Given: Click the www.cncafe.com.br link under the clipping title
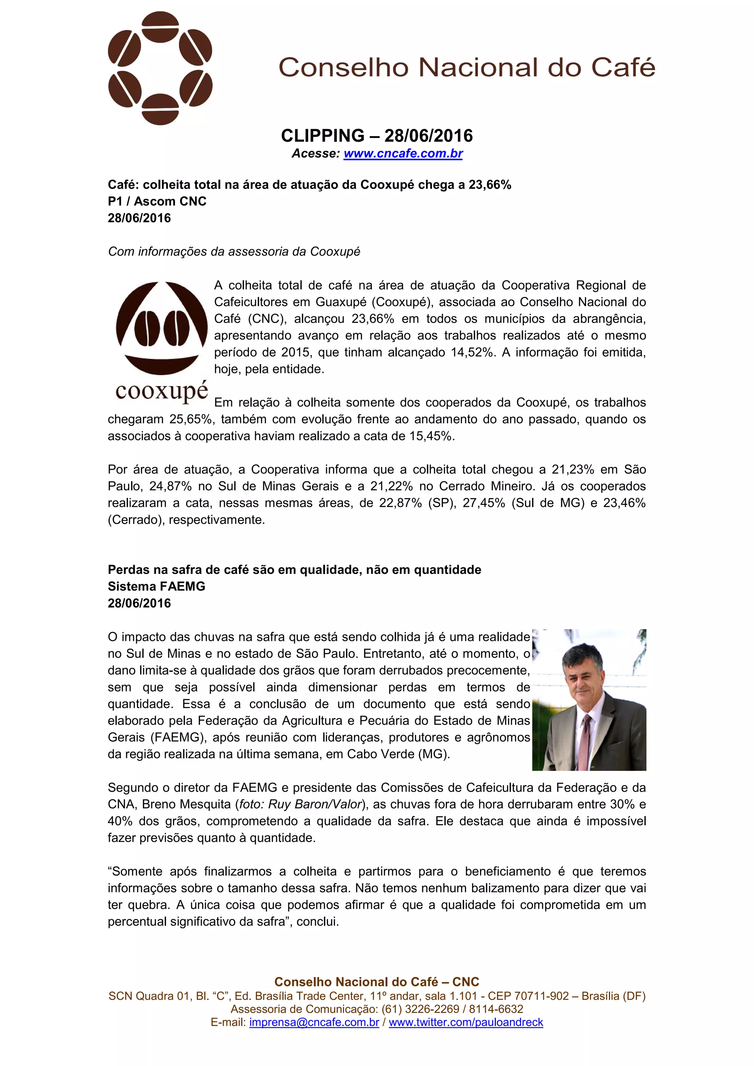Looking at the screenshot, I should pyautogui.click(x=403, y=153).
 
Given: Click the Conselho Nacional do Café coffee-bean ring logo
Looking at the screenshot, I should pyautogui.click(x=160, y=68).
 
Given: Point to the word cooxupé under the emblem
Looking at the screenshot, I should pyautogui.click(x=162, y=391).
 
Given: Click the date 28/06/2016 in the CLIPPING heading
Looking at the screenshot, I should pyautogui.click(x=429, y=136).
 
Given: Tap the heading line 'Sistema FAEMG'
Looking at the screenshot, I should pyautogui.click(x=156, y=586).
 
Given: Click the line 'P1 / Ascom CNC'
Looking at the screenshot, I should pyautogui.click(x=157, y=201).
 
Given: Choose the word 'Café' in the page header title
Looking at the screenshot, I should pyautogui.click(x=623, y=68).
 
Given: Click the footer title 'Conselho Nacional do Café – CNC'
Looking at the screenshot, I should pyautogui.click(x=377, y=982).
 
